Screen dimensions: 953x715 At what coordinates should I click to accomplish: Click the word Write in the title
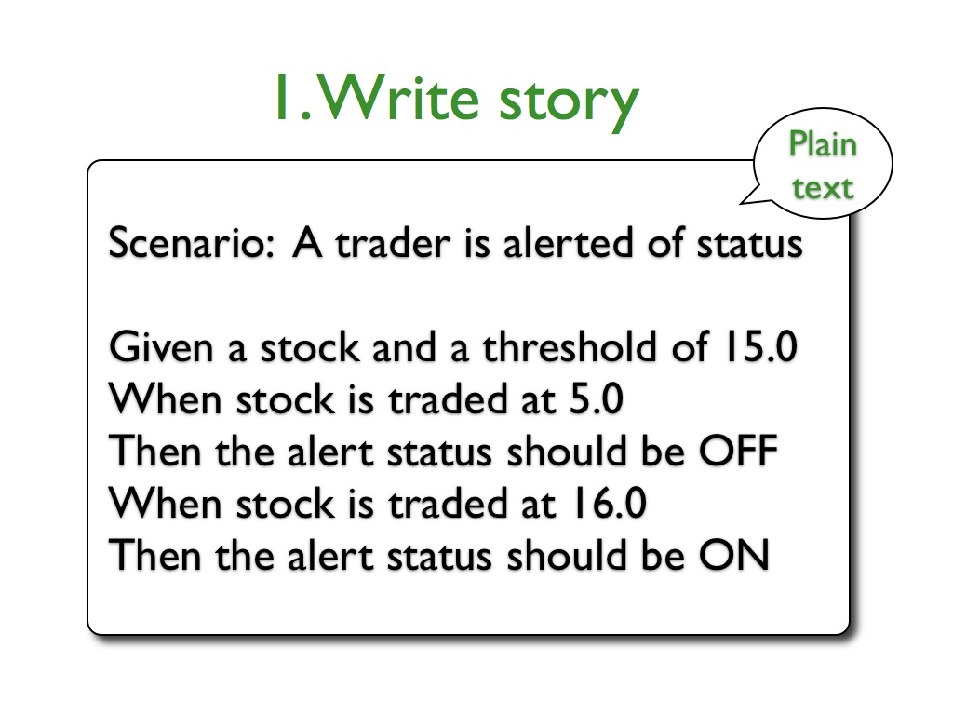[398, 97]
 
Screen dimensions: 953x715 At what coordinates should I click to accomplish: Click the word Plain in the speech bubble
[823, 145]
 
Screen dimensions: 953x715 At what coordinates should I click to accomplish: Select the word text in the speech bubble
[823, 188]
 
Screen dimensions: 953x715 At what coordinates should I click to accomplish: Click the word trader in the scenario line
[394, 243]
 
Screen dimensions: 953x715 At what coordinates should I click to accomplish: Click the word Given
[161, 347]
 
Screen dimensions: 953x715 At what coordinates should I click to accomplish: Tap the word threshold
[570, 346]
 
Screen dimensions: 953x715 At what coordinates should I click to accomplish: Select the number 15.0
[760, 346]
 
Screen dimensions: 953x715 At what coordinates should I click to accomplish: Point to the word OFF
[738, 452]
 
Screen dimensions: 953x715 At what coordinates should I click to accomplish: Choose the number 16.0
[610, 504]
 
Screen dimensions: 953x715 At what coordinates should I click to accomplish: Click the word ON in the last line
[734, 557]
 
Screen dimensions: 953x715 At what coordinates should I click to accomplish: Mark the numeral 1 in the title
[281, 97]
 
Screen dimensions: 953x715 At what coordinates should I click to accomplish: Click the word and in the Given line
[404, 346]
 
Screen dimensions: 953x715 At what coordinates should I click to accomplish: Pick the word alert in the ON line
[329, 557]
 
